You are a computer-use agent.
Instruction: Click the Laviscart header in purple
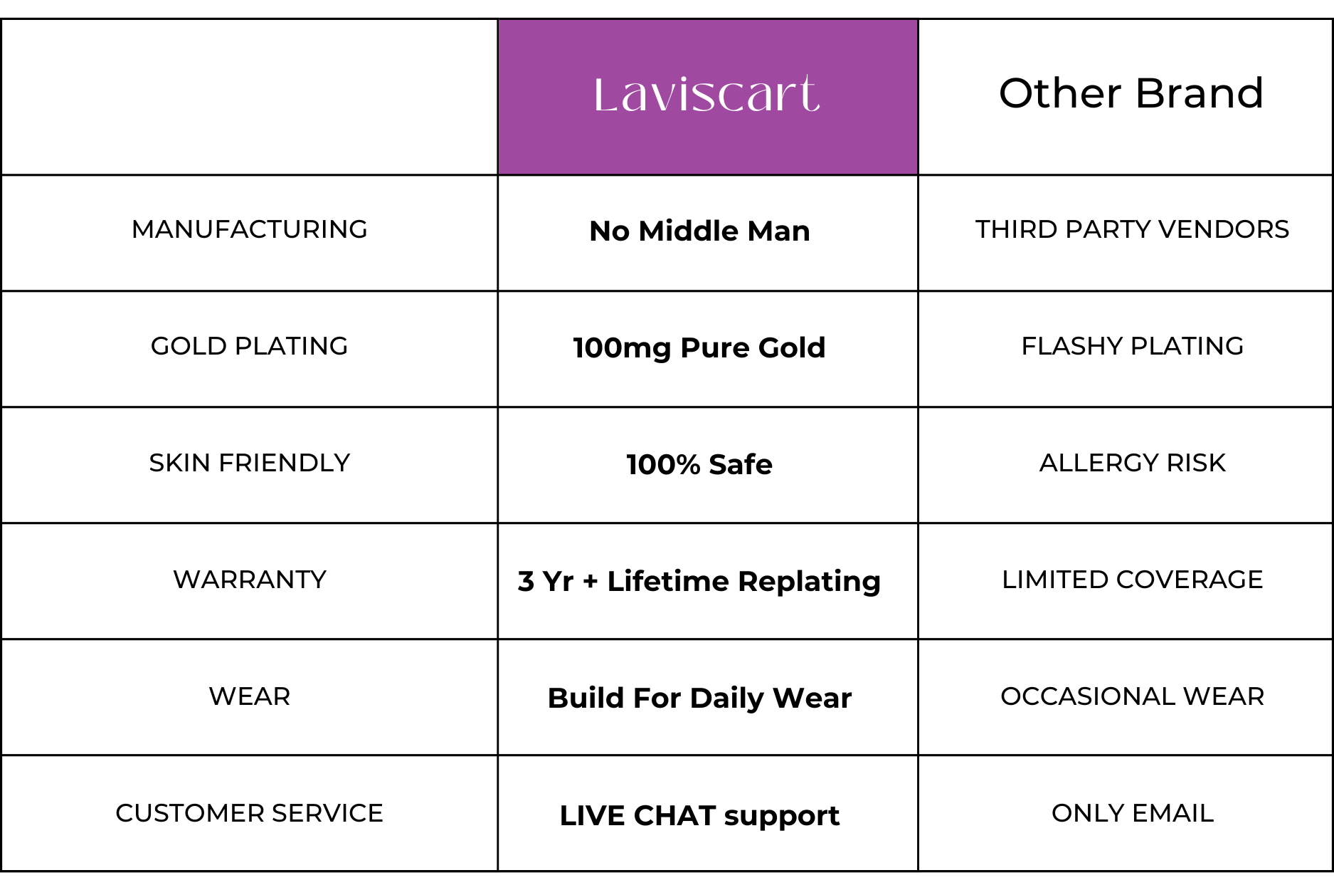tap(706, 94)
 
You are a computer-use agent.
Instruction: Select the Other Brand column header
tap(1131, 93)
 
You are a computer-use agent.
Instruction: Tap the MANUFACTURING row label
tap(250, 229)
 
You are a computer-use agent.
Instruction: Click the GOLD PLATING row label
tap(250, 346)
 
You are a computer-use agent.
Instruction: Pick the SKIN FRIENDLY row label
tap(250, 463)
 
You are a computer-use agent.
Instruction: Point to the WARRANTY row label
tap(250, 580)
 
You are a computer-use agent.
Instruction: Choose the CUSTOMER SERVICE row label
tap(250, 813)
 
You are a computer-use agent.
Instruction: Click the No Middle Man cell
tap(700, 231)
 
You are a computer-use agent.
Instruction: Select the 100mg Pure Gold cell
tap(700, 347)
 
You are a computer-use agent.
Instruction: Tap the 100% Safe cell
tap(700, 464)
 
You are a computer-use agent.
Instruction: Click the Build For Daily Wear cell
tap(700, 698)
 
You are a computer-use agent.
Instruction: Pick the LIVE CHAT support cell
tap(700, 815)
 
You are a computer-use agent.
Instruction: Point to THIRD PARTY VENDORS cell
tap(1132, 229)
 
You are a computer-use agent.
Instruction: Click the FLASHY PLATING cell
tap(1132, 346)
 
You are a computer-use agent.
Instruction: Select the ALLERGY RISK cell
tap(1132, 463)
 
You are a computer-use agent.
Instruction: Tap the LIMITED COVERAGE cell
tap(1132, 580)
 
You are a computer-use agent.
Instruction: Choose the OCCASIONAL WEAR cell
tap(1132, 696)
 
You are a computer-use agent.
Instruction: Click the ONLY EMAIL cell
tap(1132, 813)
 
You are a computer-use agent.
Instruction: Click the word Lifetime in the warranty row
tap(668, 581)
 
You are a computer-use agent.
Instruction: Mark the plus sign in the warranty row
tap(590, 582)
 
